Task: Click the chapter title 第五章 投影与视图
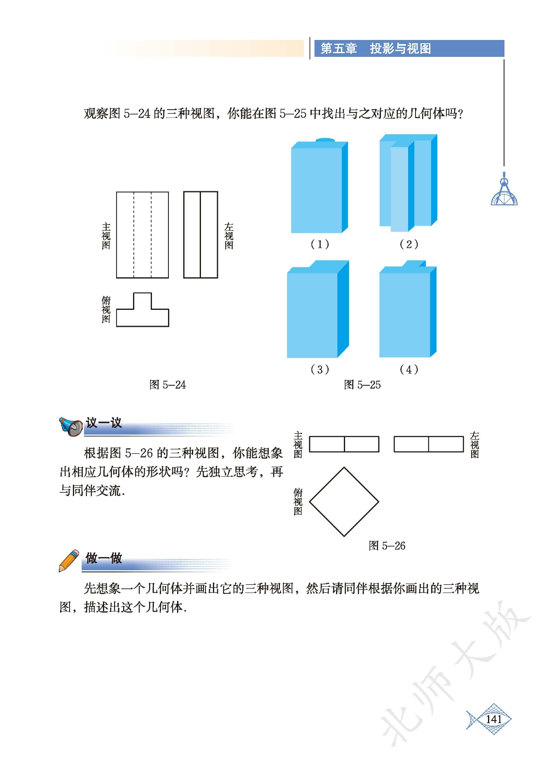376,49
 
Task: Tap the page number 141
494,719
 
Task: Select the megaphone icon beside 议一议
71,426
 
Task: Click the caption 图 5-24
168,385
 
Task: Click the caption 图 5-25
362,385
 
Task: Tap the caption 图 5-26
387,546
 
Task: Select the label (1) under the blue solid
320,244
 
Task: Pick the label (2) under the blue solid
409,244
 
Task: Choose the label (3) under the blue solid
320,369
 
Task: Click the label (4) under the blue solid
409,369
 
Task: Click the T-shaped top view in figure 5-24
142,317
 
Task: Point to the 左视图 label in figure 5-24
229,236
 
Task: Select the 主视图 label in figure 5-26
298,445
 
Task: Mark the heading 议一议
104,423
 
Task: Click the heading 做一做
104,558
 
